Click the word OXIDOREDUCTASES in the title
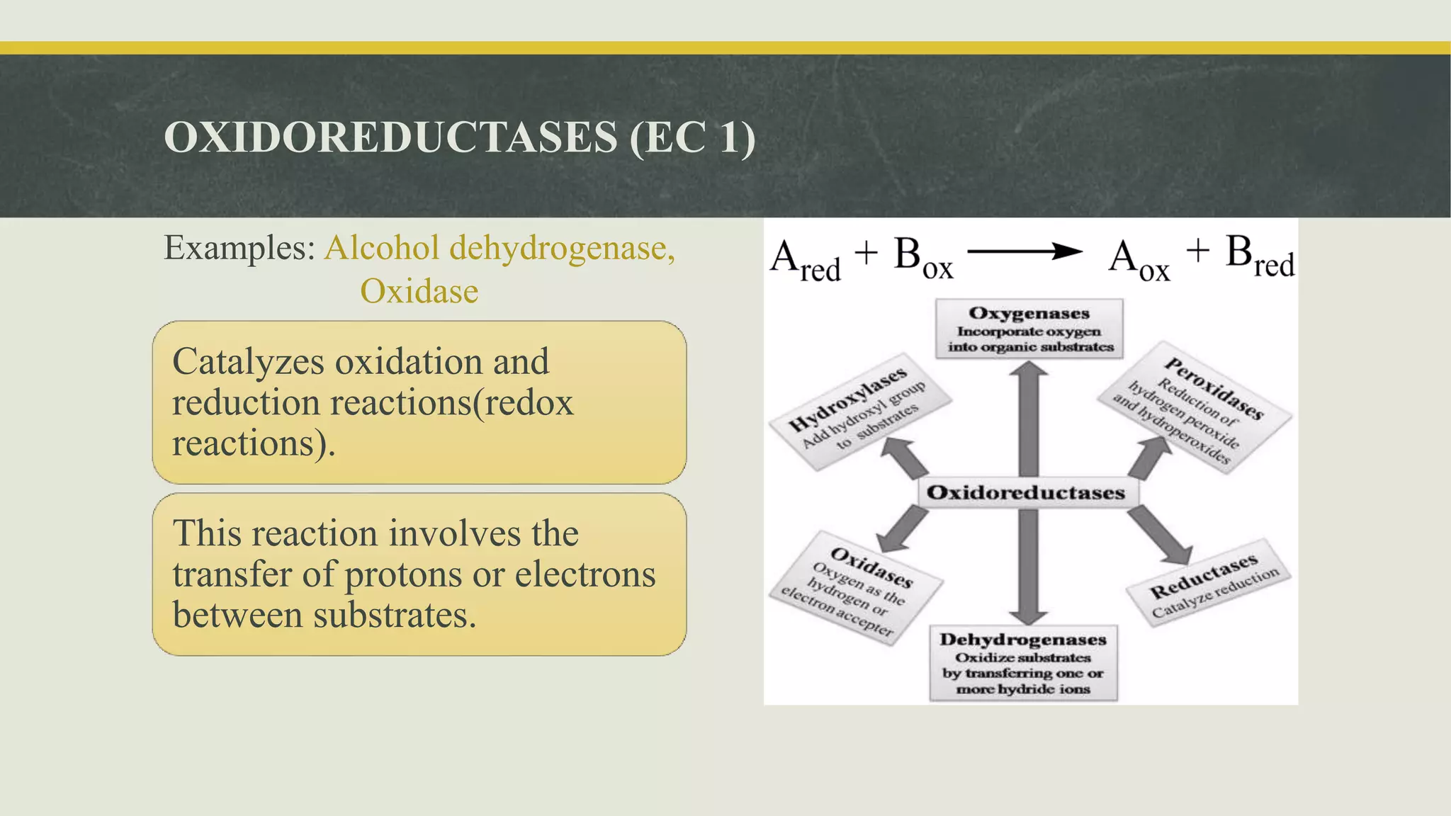[390, 137]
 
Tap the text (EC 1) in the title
[692, 137]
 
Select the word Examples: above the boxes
[239, 249]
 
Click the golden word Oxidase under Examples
[419, 291]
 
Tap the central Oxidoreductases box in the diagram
[1026, 492]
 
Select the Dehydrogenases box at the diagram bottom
[1023, 663]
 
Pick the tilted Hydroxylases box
[858, 412]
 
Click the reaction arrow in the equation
[1024, 251]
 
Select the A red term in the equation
[806, 260]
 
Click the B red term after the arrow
[1259, 256]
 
